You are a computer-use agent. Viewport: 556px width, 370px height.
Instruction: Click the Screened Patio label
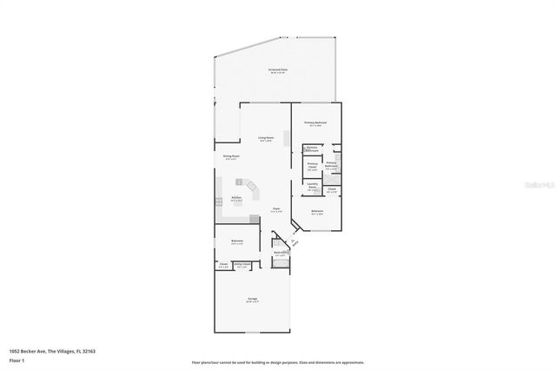[x=277, y=71]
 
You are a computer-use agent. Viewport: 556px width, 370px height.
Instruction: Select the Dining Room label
[x=230, y=157]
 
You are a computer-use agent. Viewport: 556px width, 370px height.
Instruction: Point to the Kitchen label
[x=236, y=199]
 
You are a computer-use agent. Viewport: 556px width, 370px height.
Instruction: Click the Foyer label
[x=275, y=209]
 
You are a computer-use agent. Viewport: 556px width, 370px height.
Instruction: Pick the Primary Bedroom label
[x=314, y=123]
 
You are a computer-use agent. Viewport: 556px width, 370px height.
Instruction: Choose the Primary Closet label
[x=313, y=165]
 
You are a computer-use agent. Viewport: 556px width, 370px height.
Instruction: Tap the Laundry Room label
[x=311, y=187]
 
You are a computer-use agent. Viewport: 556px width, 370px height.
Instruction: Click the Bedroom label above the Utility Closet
[x=236, y=241]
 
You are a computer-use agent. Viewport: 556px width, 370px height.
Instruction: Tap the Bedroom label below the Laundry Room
[x=317, y=211]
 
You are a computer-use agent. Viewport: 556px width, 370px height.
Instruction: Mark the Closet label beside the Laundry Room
[x=332, y=190]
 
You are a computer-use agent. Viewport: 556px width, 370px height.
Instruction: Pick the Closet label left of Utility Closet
[x=223, y=265]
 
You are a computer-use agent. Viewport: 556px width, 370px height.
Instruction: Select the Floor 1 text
[x=16, y=358]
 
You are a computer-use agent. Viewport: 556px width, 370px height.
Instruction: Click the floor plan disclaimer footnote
[x=278, y=362]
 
